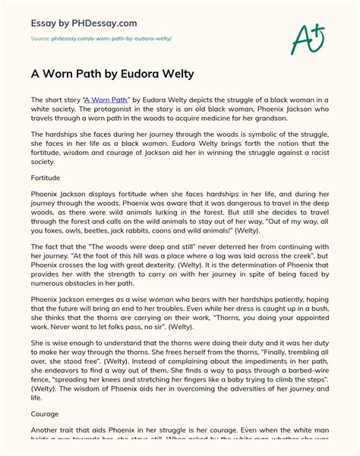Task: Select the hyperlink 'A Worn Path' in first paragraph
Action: pyautogui.click(x=101, y=100)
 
